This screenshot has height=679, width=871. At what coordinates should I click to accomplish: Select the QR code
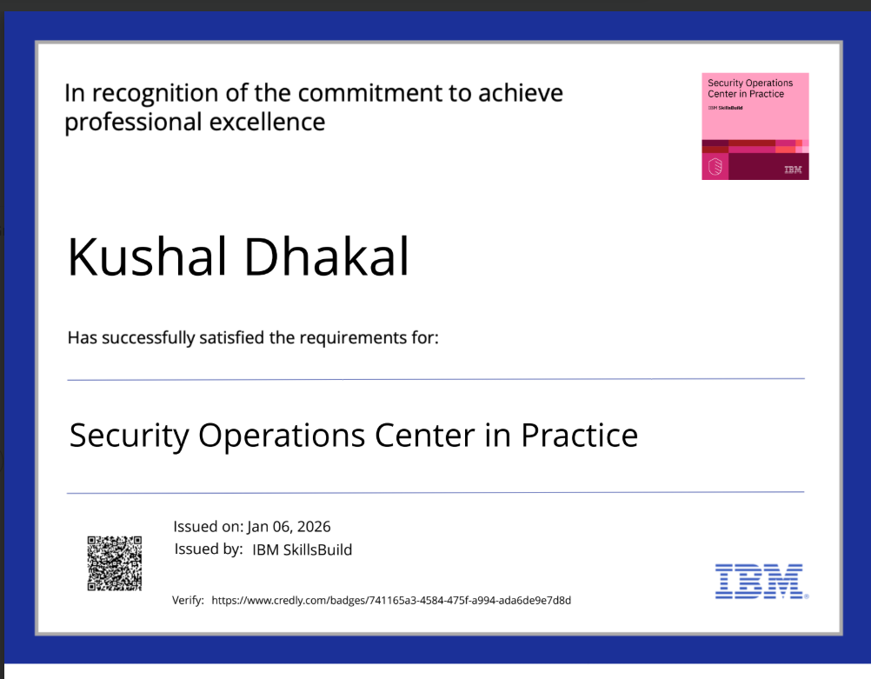click(114, 563)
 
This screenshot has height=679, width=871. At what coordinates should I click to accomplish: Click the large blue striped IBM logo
click(760, 581)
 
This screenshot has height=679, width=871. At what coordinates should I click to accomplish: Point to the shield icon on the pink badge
click(715, 166)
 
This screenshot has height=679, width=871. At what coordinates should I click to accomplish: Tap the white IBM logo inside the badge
click(793, 170)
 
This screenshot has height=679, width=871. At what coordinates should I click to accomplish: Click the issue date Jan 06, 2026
click(289, 527)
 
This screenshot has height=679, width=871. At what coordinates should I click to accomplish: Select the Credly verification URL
click(391, 600)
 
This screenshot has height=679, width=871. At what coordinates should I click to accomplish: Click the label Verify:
click(188, 600)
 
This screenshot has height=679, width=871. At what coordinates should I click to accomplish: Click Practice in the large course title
click(579, 435)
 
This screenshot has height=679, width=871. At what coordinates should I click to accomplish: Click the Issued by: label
click(209, 549)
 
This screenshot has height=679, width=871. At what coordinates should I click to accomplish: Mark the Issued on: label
click(208, 527)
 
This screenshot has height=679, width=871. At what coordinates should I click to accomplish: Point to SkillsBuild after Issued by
click(318, 549)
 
